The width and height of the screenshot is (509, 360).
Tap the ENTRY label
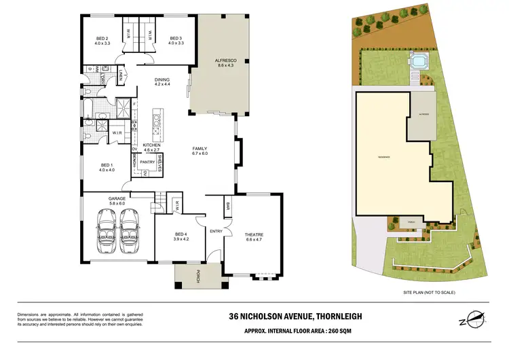pyautogui.click(x=216, y=232)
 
